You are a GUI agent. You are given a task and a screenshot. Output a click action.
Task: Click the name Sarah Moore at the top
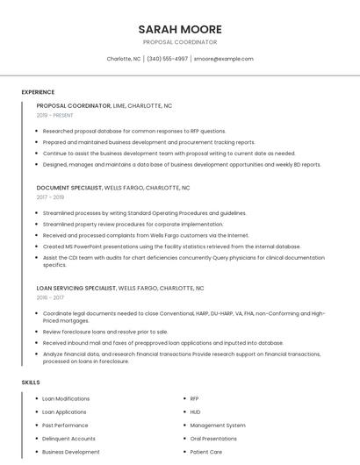(x=179, y=29)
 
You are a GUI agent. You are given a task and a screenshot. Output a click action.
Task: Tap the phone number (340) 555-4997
(x=167, y=59)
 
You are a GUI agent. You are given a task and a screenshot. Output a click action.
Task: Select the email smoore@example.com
(x=223, y=59)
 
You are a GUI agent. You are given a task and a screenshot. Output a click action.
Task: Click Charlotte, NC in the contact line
(x=124, y=59)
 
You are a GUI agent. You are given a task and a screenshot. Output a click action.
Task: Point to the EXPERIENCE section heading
(x=38, y=92)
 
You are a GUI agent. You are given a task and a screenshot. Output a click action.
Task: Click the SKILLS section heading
(x=31, y=383)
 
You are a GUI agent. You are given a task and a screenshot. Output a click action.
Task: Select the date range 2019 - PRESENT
(x=55, y=115)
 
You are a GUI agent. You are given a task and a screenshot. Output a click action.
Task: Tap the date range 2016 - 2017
(x=50, y=297)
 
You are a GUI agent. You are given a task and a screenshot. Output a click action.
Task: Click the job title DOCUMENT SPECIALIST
(x=69, y=188)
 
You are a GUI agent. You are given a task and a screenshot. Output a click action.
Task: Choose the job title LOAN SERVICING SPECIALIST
(x=76, y=288)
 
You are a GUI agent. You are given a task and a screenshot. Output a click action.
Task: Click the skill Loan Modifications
(x=66, y=399)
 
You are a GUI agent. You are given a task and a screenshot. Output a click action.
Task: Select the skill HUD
(x=195, y=412)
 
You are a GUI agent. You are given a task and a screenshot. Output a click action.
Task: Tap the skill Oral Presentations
(x=213, y=439)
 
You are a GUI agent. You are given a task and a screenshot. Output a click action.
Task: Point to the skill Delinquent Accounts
(x=68, y=439)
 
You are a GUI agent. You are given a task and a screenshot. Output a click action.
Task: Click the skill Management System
(x=218, y=426)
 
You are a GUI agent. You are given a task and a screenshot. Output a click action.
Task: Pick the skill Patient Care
(x=206, y=452)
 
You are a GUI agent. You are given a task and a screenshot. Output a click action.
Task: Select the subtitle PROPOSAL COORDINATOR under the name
(x=179, y=42)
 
